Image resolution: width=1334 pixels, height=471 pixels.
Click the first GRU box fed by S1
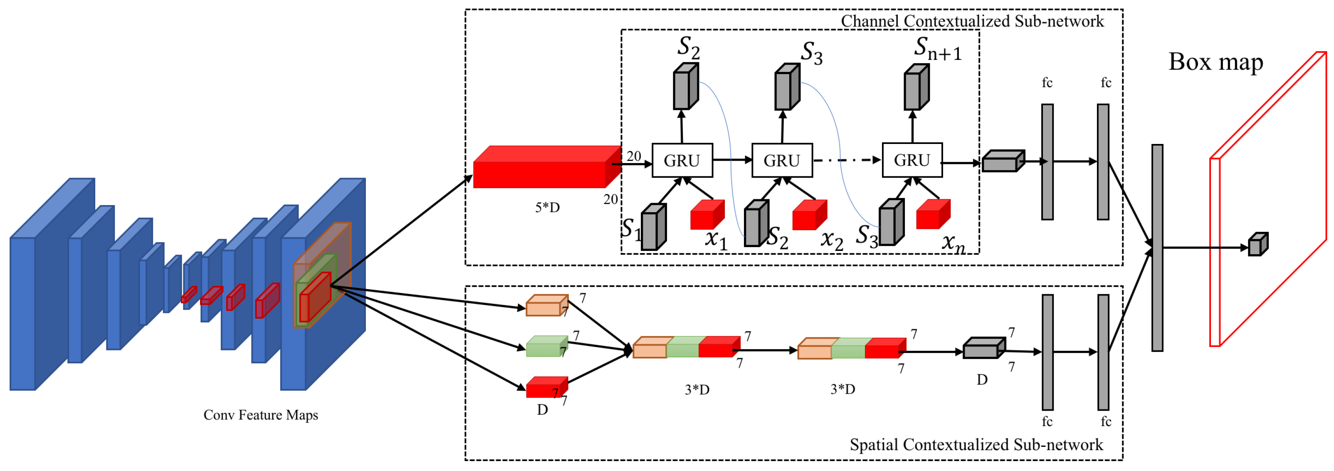point(682,161)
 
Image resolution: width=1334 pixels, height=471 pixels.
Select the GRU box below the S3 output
point(782,161)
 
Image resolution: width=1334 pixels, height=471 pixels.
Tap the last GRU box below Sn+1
point(912,160)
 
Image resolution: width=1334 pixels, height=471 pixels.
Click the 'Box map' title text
point(1215,62)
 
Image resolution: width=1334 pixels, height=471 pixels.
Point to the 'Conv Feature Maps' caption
point(260,415)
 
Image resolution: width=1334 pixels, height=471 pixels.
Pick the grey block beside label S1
point(652,228)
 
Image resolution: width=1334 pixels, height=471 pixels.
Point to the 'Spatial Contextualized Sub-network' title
point(976,444)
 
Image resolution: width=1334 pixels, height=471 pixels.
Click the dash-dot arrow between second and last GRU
point(847,160)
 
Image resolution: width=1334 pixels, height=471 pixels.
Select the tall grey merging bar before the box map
point(1157,248)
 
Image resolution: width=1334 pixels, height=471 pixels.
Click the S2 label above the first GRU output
point(688,48)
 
